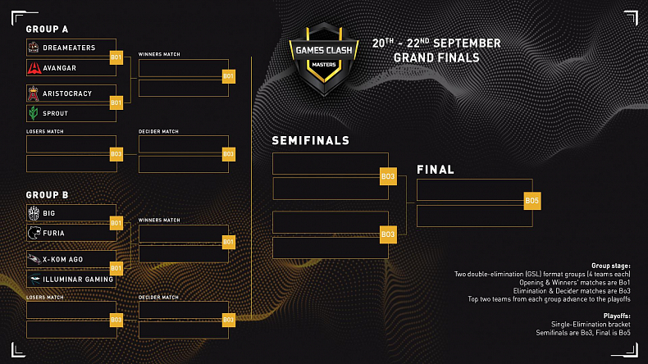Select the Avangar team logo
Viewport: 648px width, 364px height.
click(35, 67)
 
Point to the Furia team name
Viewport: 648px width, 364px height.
click(55, 233)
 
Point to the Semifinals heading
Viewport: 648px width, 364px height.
click(311, 141)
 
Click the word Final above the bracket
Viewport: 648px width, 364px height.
click(436, 170)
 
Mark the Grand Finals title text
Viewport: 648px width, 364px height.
click(436, 58)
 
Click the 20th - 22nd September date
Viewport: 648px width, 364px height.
click(436, 43)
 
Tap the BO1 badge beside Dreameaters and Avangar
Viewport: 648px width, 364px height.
click(116, 57)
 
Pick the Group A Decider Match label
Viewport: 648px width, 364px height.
click(158, 131)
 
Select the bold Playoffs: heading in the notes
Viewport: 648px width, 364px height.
click(615, 314)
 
